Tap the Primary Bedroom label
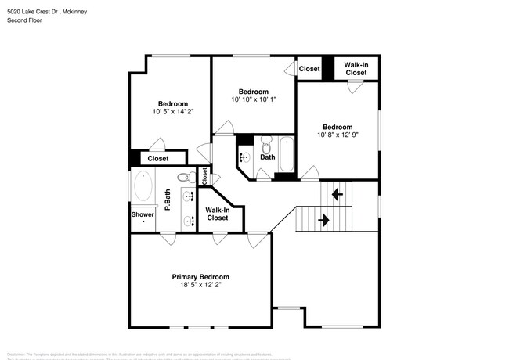200,277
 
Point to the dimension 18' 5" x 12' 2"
200,286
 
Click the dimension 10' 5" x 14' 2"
173,112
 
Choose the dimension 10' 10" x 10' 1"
253,99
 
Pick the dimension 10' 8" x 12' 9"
338,135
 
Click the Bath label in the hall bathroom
268,157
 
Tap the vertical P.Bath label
168,200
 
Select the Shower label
143,214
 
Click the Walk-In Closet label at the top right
356,69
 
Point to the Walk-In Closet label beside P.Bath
217,214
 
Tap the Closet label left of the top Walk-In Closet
309,69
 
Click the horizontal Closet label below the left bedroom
158,159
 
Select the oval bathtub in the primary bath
144,187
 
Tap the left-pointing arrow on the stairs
338,193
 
